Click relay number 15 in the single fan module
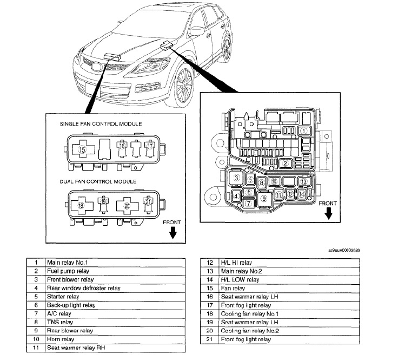(x=83, y=149)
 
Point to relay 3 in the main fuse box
(x=237, y=178)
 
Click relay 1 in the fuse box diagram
(x=304, y=130)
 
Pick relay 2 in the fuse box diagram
(x=285, y=163)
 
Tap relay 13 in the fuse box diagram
(x=303, y=182)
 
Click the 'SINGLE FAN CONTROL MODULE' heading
(x=101, y=124)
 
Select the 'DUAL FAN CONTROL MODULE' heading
(x=98, y=181)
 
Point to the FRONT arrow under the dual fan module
(x=172, y=233)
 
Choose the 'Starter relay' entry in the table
(x=63, y=297)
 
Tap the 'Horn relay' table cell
(x=61, y=339)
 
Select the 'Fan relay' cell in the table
(x=233, y=288)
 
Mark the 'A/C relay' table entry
(x=59, y=313)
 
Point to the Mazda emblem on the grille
(x=95, y=68)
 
